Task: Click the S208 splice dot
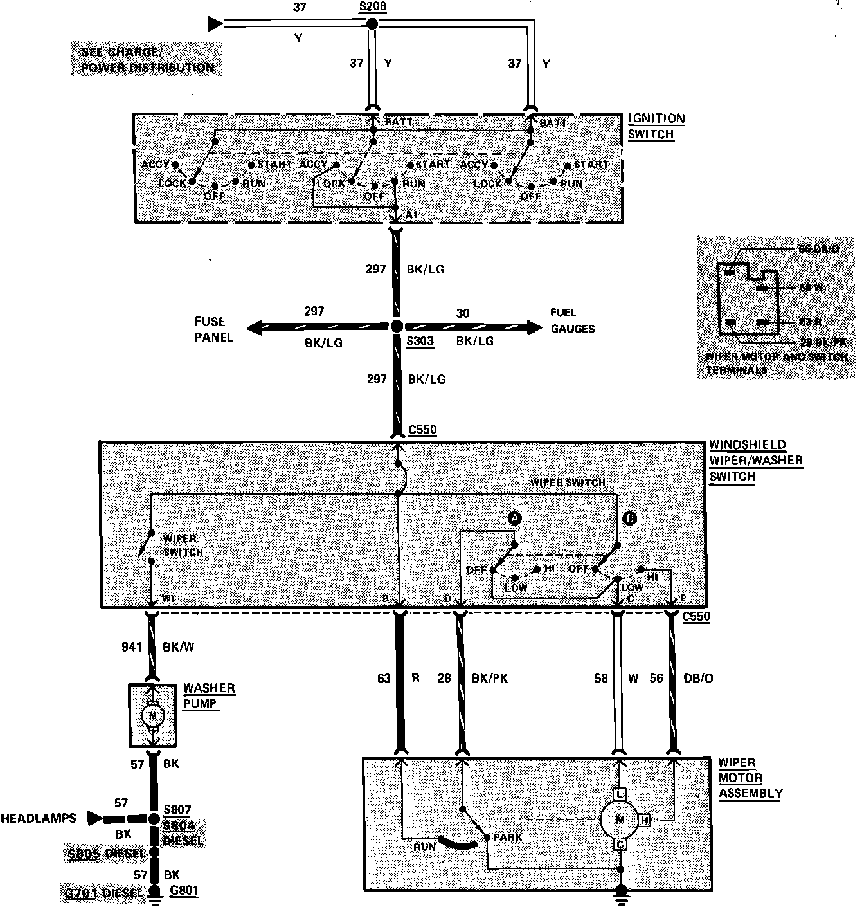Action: tap(372, 24)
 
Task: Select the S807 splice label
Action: tap(177, 810)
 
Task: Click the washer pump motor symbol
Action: tap(152, 715)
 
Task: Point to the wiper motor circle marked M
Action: tap(620, 819)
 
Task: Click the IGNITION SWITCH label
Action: tap(656, 127)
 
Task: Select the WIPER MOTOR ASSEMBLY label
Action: tap(750, 778)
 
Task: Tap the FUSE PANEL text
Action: tap(213, 329)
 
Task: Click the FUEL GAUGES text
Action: tap(572, 320)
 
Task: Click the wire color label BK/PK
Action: tap(490, 678)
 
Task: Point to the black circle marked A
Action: tap(514, 518)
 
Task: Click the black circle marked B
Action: tap(630, 518)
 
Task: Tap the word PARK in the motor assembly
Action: tap(508, 838)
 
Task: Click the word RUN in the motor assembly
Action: tap(425, 847)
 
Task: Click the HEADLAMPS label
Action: tap(38, 818)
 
